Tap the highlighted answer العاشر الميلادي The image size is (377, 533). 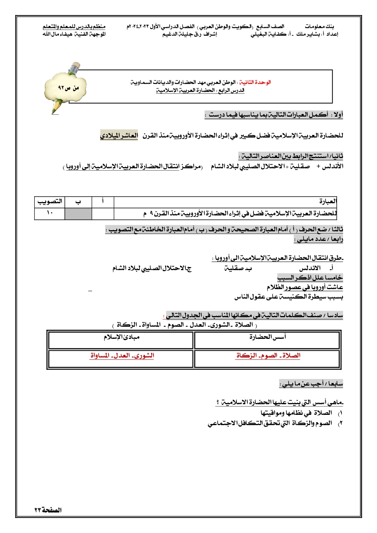point(119,136)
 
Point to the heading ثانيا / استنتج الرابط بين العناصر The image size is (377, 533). point(291,156)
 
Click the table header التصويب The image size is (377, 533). point(49,202)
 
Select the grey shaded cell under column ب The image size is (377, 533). point(78,213)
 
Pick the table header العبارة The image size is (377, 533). point(328,202)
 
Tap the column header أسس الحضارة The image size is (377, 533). point(268,337)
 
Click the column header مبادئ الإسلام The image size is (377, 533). point(122,337)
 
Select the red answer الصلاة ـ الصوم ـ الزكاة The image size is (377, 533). point(268,356)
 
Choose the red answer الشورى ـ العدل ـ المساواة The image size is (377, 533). point(122,356)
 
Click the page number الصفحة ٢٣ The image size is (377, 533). point(48,510)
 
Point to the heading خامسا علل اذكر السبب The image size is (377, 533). point(310,278)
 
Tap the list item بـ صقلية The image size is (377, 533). point(238,268)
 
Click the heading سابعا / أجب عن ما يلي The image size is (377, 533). point(311,384)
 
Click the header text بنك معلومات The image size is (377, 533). point(320,27)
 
